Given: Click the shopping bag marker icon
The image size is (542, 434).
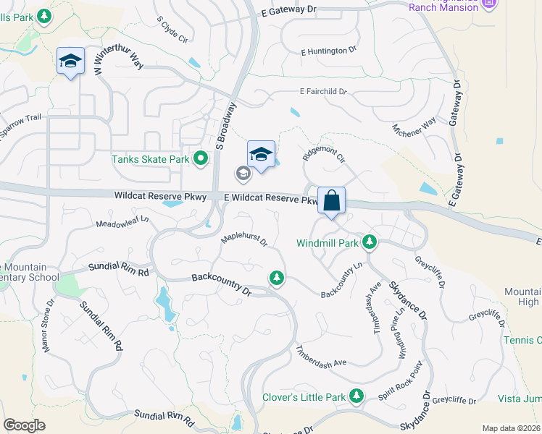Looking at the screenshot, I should (331, 200).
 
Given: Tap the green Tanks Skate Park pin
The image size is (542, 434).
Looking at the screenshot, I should (201, 159).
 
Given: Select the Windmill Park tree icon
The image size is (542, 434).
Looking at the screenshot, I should (370, 242).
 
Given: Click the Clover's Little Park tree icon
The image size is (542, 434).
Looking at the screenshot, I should (356, 396).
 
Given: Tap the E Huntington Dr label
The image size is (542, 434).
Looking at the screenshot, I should (329, 51).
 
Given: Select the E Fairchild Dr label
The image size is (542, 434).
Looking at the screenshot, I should (323, 92).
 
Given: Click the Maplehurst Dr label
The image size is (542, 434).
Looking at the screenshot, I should (244, 239).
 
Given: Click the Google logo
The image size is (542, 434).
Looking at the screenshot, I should (24, 425).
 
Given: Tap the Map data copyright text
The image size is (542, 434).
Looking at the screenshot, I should (512, 428).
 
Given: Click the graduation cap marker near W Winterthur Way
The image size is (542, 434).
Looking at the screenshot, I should (71, 61).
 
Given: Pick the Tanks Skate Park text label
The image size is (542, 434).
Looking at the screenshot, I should (150, 159).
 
